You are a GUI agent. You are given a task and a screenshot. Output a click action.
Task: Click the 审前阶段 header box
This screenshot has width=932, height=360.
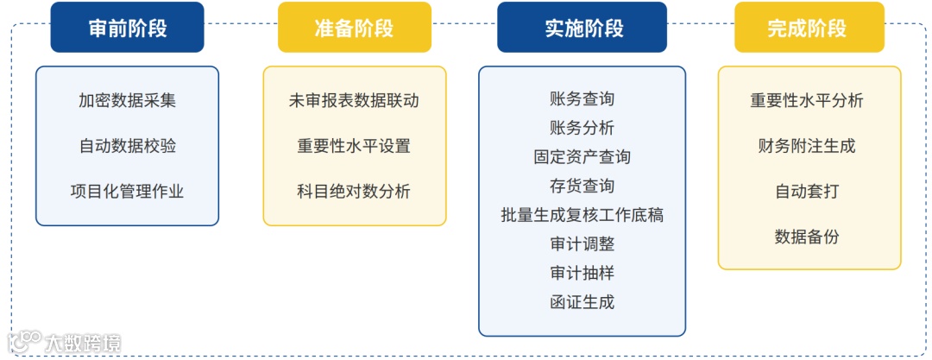[128, 28]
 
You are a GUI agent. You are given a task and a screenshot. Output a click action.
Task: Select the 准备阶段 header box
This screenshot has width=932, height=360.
[354, 28]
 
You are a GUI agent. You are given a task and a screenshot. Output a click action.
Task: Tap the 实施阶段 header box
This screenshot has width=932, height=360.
[582, 28]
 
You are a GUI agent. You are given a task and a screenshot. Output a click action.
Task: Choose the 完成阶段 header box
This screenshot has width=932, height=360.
[809, 28]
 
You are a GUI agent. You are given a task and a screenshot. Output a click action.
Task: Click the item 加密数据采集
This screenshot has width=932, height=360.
[128, 100]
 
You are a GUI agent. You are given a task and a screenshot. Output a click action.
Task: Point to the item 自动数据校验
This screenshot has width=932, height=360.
[128, 146]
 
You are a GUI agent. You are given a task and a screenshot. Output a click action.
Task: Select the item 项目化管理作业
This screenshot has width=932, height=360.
[128, 191]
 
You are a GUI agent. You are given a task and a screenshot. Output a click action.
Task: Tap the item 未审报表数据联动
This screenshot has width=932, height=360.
[354, 100]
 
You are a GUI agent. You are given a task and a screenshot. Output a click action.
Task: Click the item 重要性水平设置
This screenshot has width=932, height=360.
[354, 146]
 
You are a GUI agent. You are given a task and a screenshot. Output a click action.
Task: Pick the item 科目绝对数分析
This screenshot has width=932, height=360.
[354, 191]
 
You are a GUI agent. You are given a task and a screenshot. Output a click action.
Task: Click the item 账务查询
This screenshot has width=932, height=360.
[582, 98]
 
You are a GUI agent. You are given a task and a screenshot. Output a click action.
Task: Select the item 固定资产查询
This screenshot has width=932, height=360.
[582, 157]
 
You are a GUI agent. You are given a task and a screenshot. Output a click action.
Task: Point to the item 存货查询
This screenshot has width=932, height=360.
[582, 186]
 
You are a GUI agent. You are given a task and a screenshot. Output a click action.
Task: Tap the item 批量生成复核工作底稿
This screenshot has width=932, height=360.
[582, 215]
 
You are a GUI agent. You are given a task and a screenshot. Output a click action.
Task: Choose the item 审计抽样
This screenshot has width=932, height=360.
[582, 273]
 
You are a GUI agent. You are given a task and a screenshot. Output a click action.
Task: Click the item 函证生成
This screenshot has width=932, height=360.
[582, 302]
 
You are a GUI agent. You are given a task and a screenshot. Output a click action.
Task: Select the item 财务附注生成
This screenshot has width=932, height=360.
[807, 146]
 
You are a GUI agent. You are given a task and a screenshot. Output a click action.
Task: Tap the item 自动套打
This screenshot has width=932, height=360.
[807, 191]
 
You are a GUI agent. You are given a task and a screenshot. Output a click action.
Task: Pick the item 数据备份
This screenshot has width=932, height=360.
[807, 237]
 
